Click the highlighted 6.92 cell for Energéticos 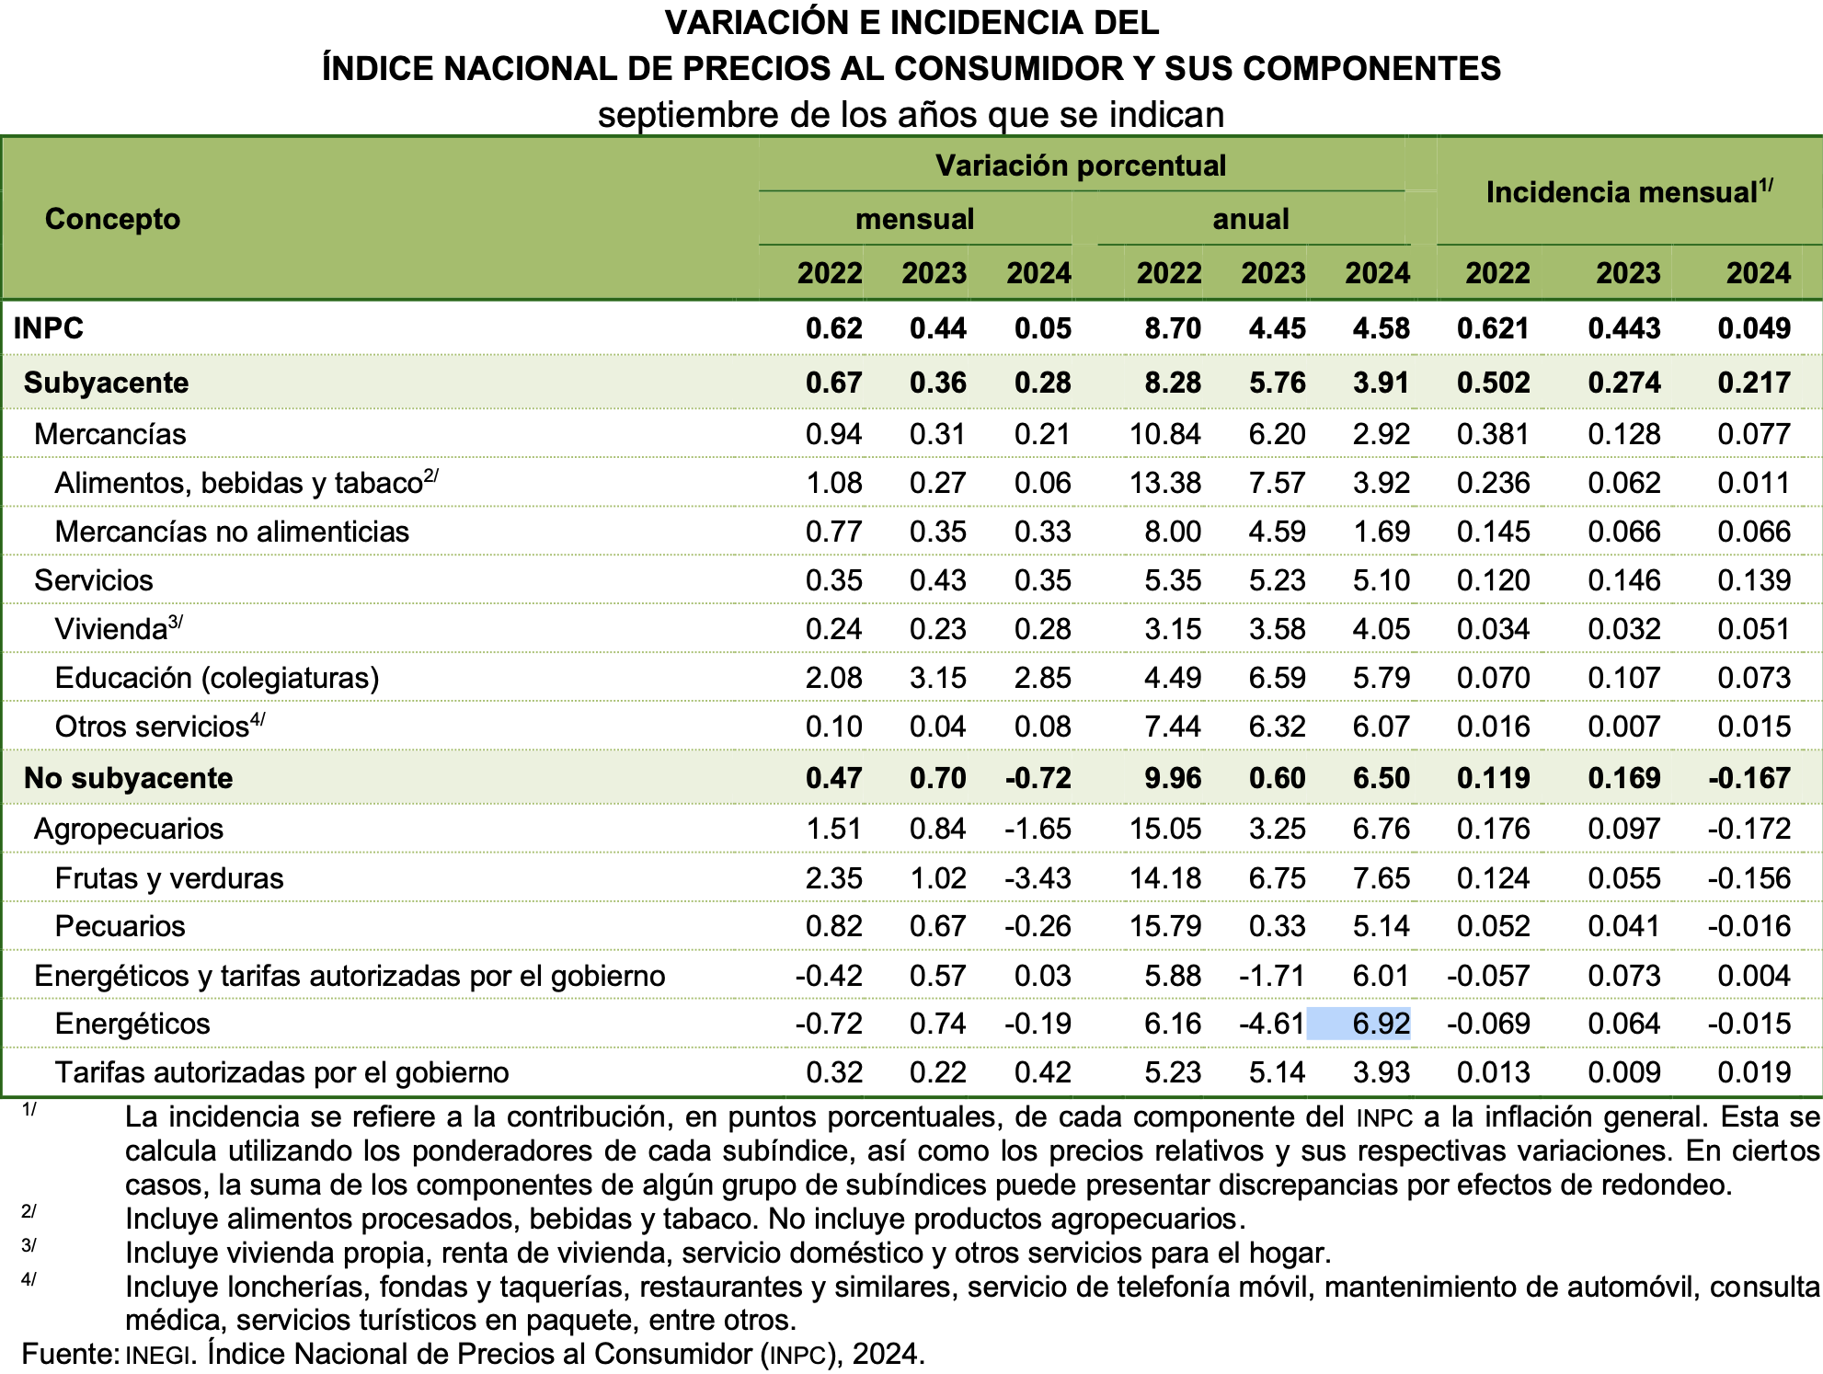(x=1380, y=1024)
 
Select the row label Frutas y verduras (x=169, y=878)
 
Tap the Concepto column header (x=112, y=219)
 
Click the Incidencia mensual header (x=1628, y=192)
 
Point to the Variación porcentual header (x=1081, y=166)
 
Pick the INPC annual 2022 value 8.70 (x=1172, y=328)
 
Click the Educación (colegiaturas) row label (x=217, y=678)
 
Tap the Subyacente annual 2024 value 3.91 (x=1381, y=383)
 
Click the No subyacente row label (x=128, y=778)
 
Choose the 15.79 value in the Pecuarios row (x=1164, y=926)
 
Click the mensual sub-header (x=914, y=219)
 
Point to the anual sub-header (x=1251, y=219)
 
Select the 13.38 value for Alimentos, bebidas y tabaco (x=1164, y=483)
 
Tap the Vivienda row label (x=111, y=629)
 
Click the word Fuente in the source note (x=69, y=1354)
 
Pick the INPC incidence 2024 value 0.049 (x=1753, y=328)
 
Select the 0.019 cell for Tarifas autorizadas (x=1753, y=1072)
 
